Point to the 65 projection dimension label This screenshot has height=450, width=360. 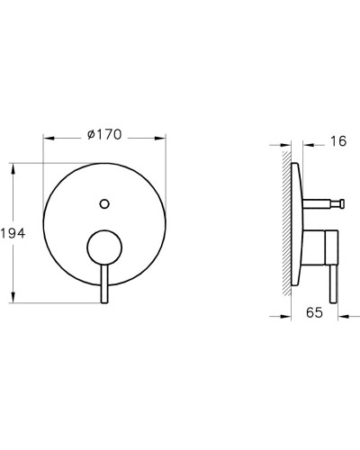point(314,314)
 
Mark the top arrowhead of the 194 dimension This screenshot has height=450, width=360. point(13,168)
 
